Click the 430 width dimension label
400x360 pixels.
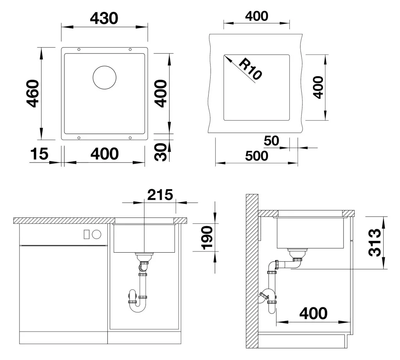(x=104, y=18)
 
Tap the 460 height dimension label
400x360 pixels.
(x=33, y=94)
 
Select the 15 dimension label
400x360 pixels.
(x=39, y=154)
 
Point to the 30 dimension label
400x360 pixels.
(x=161, y=152)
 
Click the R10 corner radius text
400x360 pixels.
(x=250, y=69)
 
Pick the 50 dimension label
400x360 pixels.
(x=271, y=141)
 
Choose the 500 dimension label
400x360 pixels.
(x=257, y=156)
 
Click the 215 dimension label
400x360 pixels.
(x=160, y=195)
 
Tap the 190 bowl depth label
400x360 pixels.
(x=207, y=237)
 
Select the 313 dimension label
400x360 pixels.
(x=375, y=242)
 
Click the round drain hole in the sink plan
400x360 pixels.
(x=104, y=78)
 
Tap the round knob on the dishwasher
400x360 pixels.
(x=97, y=234)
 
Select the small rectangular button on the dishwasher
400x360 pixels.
(x=86, y=234)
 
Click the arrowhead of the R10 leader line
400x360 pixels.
(x=227, y=58)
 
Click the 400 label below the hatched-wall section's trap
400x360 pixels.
(x=314, y=314)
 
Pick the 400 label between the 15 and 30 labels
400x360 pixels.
(x=105, y=154)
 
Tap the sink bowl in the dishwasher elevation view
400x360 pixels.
(x=145, y=238)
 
